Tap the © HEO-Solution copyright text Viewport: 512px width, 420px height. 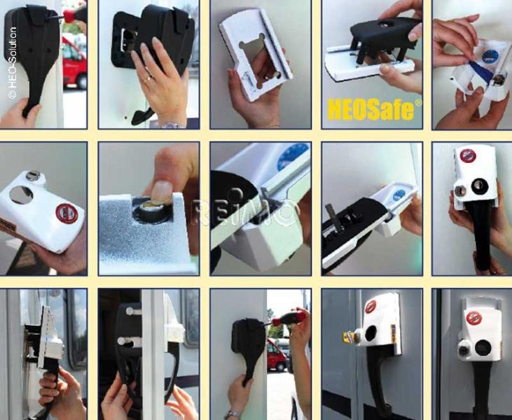coord(12,63)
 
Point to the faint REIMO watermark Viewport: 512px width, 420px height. coord(242,213)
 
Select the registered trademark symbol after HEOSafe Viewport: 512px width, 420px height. coord(418,103)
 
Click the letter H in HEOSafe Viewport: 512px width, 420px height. coord(334,111)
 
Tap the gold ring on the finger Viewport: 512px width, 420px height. coord(148,78)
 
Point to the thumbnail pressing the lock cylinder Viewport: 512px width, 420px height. coord(162,192)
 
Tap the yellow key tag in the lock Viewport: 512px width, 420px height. coord(348,337)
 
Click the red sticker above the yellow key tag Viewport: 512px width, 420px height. coord(370,307)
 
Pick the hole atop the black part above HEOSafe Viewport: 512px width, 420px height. coord(385,24)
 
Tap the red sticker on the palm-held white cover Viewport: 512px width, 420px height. coord(67,213)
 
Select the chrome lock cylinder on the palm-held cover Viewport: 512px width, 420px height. coord(34,176)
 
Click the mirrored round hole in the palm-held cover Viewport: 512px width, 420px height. coord(21,195)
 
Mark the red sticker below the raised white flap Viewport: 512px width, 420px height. coord(473,318)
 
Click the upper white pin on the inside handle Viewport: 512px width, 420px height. coord(133,311)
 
